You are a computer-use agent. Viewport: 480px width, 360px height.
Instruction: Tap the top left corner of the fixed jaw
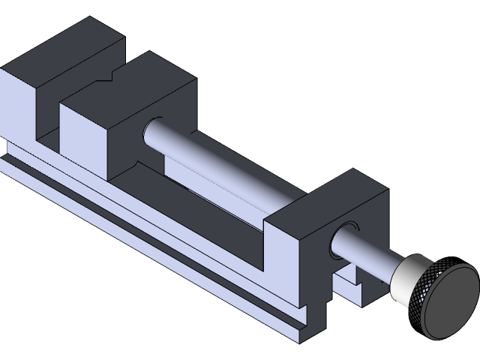pyautogui.click(x=4, y=70)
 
